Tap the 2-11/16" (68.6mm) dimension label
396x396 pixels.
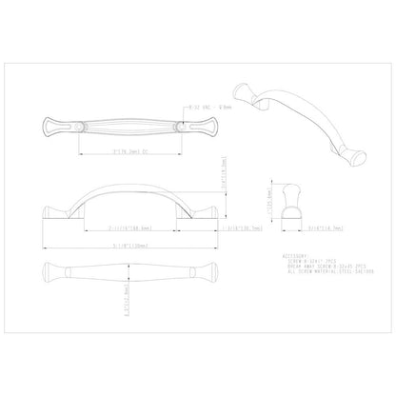(120, 228)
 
